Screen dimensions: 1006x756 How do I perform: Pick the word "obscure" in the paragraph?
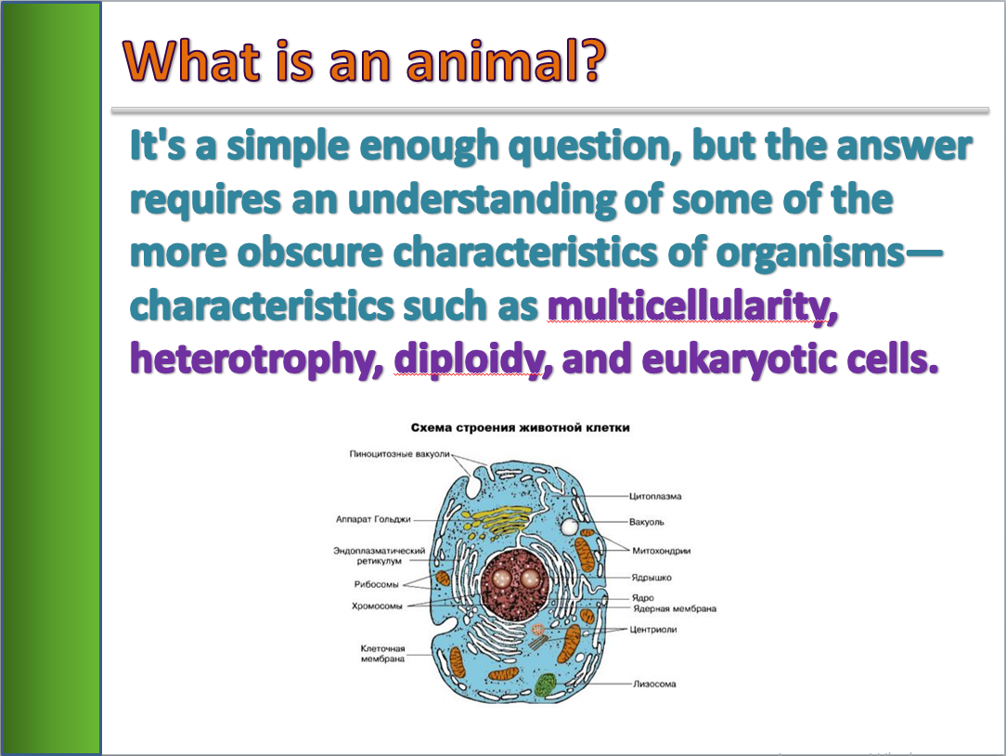pyautogui.click(x=310, y=253)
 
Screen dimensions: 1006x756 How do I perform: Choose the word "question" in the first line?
pyautogui.click(x=590, y=147)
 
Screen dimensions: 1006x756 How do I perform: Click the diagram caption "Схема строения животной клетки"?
pyautogui.click(x=521, y=428)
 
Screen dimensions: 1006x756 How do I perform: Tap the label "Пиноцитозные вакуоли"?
pyautogui.click(x=399, y=454)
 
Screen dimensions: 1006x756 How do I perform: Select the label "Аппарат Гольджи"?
pyautogui.click(x=373, y=519)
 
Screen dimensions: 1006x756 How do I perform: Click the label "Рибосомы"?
pyautogui.click(x=376, y=584)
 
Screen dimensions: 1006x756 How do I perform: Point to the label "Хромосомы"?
pyautogui.click(x=377, y=606)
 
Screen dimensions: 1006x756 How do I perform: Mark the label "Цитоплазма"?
pyautogui.click(x=655, y=497)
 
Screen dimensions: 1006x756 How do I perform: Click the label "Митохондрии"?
pyautogui.click(x=662, y=551)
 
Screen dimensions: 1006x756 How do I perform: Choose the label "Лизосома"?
pyautogui.click(x=654, y=684)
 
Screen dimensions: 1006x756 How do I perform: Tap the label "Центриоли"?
pyautogui.click(x=653, y=630)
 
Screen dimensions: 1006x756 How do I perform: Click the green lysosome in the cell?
pyautogui.click(x=546, y=684)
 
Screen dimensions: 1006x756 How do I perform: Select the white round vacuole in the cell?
pyautogui.click(x=569, y=528)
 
